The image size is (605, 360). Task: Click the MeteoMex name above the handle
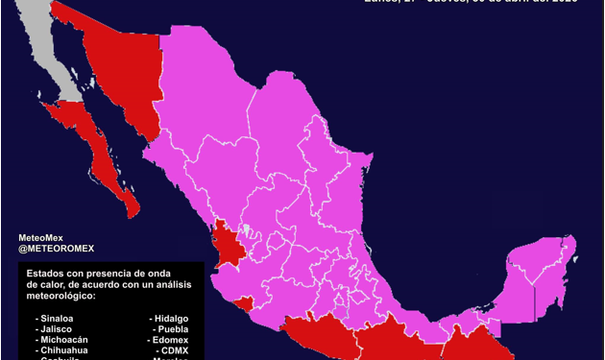click(42, 237)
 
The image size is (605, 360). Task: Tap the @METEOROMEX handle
click(57, 250)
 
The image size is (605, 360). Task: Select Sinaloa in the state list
click(55, 317)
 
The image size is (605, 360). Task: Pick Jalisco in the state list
click(54, 328)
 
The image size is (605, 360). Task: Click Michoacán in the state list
click(61, 340)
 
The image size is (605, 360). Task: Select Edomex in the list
click(171, 340)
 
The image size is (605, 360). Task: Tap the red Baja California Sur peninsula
click(96, 144)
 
